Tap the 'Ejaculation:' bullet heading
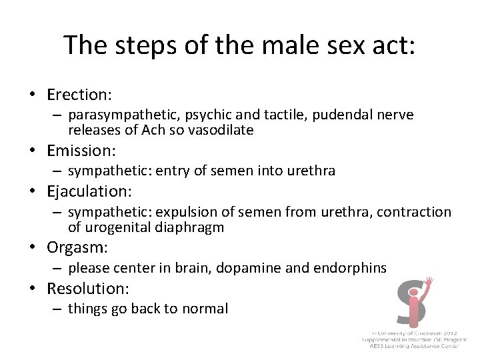click(89, 191)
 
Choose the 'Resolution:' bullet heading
click(87, 289)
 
